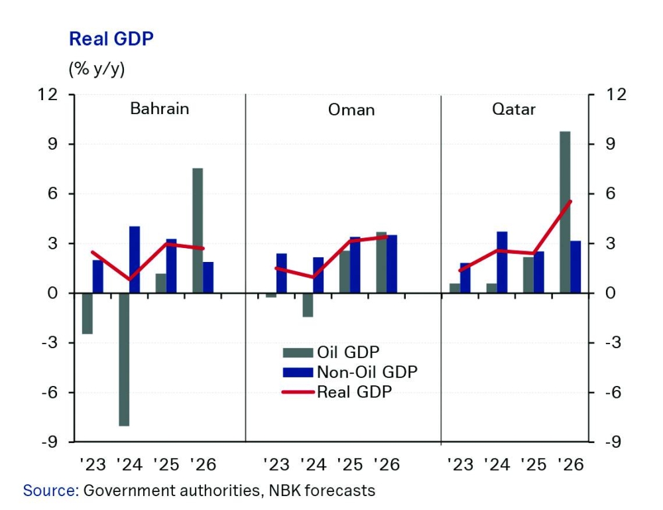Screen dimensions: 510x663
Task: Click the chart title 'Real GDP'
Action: coord(111,39)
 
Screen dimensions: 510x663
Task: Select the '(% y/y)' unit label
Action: coord(96,68)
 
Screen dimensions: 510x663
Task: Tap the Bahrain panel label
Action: coord(159,108)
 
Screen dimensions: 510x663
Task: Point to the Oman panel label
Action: coord(351,109)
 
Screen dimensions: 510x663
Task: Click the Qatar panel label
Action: coord(514,109)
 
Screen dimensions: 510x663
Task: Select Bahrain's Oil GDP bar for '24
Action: coord(124,359)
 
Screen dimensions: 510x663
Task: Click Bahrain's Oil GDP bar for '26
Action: coord(198,230)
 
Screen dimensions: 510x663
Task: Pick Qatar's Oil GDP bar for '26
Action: coord(565,212)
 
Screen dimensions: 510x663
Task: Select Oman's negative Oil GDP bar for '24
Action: coord(308,304)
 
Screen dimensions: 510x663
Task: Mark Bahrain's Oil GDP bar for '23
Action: coord(87,313)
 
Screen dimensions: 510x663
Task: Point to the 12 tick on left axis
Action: coord(58,94)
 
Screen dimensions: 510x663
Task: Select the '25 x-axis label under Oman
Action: coord(350,464)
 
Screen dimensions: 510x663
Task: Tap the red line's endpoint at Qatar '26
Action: coord(570,202)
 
